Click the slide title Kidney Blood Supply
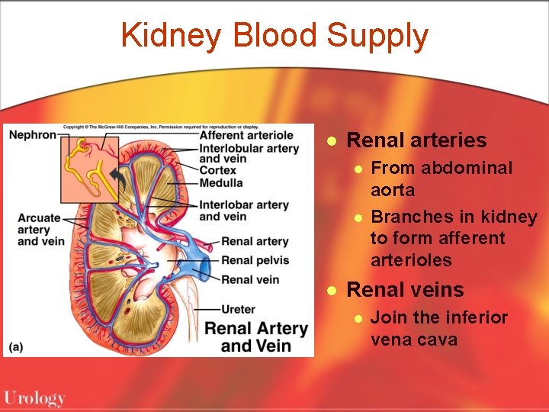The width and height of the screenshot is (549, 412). click(274, 36)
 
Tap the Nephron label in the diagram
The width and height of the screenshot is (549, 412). click(32, 135)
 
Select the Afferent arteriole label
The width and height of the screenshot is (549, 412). click(246, 136)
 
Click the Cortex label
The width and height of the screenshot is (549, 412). click(217, 171)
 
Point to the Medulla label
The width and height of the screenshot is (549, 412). click(221, 182)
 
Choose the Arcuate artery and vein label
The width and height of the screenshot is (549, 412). click(40, 230)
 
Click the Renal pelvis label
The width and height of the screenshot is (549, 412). click(254, 260)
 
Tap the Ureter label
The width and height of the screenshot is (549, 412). click(238, 309)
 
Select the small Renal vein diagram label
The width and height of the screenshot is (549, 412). click(250, 279)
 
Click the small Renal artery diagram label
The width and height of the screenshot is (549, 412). click(255, 241)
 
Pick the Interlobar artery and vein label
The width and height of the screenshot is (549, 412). click(243, 211)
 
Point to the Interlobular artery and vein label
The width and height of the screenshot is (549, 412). click(249, 153)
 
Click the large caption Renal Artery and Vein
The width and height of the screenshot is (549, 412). click(256, 337)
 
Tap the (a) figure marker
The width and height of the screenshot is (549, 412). click(15, 346)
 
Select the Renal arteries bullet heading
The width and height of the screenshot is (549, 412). click(416, 140)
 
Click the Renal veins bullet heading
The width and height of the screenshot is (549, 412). click(404, 290)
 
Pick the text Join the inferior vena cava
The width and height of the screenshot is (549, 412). click(438, 328)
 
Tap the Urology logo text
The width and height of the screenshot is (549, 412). click(34, 398)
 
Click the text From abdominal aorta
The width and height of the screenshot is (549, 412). click(441, 179)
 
